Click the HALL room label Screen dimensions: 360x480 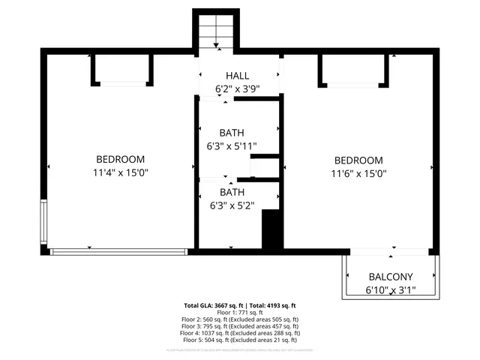[x=238, y=76]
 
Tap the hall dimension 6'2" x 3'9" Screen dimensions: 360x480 [x=238, y=88]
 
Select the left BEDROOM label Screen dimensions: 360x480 [x=120, y=159]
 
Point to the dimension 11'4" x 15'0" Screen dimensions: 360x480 [x=120, y=172]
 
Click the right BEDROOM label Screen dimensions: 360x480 [x=358, y=160]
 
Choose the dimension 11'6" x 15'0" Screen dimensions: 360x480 [x=358, y=173]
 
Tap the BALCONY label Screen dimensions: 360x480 [x=389, y=277]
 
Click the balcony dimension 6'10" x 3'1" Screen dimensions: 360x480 [x=389, y=289]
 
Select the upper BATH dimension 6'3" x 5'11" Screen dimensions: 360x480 [x=232, y=146]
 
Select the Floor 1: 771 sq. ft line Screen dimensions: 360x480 [x=240, y=313]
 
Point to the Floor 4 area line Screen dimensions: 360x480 [x=240, y=332]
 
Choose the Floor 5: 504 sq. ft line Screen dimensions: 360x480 [x=240, y=339]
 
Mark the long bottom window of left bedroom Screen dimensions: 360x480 [x=118, y=251]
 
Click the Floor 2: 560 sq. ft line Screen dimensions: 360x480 [x=240, y=319]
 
